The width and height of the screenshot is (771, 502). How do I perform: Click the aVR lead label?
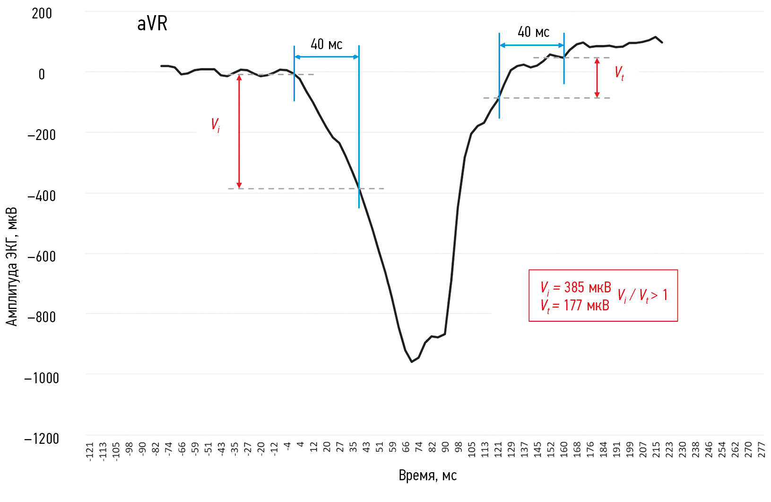point(152,24)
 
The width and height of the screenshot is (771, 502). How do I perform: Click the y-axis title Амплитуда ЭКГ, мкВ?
point(12,266)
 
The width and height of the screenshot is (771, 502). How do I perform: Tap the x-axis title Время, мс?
point(427,476)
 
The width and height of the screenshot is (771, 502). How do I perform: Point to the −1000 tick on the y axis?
point(42,378)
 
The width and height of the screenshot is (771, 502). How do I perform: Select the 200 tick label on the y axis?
point(42,14)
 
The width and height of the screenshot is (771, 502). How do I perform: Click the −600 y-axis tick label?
point(42,256)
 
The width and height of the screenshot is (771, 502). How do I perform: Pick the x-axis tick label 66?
point(406,447)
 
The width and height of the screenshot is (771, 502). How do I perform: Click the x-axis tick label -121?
point(90,451)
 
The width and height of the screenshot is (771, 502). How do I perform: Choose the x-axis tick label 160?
point(563,449)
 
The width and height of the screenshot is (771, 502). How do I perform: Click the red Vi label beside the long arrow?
point(215,125)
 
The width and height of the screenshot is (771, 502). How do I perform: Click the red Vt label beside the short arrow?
point(619,73)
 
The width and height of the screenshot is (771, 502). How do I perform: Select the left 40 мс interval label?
point(326,44)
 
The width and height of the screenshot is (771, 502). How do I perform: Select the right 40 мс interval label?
point(533,32)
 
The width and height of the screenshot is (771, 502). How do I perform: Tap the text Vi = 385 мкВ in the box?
point(575,287)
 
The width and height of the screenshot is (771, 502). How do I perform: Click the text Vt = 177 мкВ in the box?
point(574,306)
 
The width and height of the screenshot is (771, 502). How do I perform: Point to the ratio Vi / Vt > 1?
point(642,296)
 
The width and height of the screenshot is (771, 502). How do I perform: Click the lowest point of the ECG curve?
point(412,361)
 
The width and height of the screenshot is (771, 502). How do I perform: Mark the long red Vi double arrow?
point(239,132)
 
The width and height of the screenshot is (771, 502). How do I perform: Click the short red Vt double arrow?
point(597,78)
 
